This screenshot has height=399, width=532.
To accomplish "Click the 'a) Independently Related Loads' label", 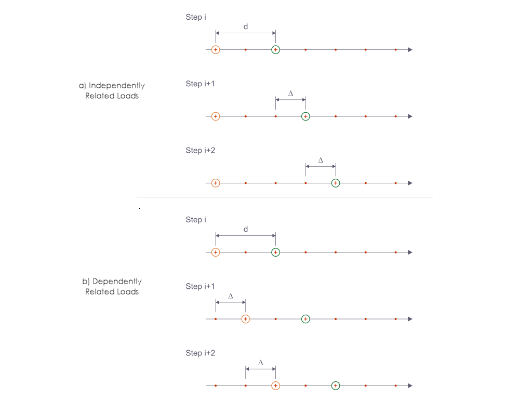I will pos(112,90).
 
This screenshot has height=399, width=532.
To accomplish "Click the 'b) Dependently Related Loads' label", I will pos(112,286).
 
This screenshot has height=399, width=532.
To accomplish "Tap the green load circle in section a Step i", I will pos(275,49).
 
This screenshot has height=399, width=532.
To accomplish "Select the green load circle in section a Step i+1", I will pos(305,116).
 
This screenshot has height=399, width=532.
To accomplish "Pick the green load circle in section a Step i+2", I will pos(336,183).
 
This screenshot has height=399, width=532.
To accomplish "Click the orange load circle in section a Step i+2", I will pos(216,183).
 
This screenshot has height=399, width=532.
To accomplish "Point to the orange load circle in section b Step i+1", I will pos(246,319).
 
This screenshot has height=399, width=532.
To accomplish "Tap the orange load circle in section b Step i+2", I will pos(275,385).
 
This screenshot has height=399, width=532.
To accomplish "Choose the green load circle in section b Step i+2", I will pos(336,385).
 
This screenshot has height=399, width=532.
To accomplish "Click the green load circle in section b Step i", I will pos(275,252).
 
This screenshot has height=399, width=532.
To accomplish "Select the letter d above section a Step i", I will pos(246,26).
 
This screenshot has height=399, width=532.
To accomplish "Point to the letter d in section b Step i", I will pos(246,229).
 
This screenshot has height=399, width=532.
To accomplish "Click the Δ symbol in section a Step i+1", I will pos(290,94).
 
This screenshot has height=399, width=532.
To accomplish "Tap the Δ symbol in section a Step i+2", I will pos(321,160).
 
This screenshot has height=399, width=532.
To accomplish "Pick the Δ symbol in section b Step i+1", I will pos(231,296).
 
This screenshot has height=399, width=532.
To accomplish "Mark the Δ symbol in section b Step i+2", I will pos(261,363).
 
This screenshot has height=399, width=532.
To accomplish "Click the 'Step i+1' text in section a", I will pos(201,84).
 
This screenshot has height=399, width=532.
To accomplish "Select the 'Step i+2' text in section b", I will pos(201,353).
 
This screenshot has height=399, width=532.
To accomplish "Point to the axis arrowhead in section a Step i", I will pos(410,49).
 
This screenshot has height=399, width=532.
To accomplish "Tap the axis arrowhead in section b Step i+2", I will pos(410,385).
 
